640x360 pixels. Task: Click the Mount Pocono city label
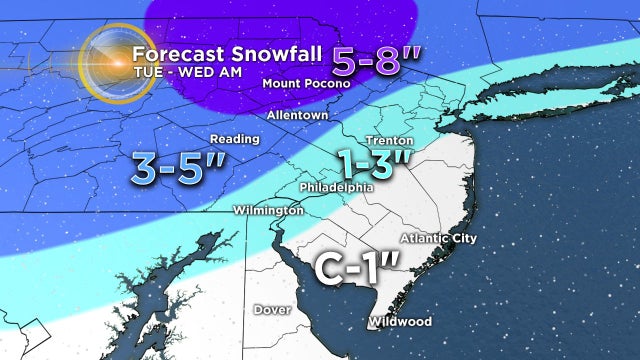pyautogui.click(x=307, y=84)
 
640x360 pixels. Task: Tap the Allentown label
pyautogui.click(x=297, y=116)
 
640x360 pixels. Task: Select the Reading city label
pyautogui.click(x=228, y=139)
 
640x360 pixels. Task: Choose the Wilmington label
pyautogui.click(x=267, y=211)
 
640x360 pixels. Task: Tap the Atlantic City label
pyautogui.click(x=438, y=238)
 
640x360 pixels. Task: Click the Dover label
pyautogui.click(x=271, y=310)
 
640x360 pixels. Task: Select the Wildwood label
pyautogui.click(x=400, y=322)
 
